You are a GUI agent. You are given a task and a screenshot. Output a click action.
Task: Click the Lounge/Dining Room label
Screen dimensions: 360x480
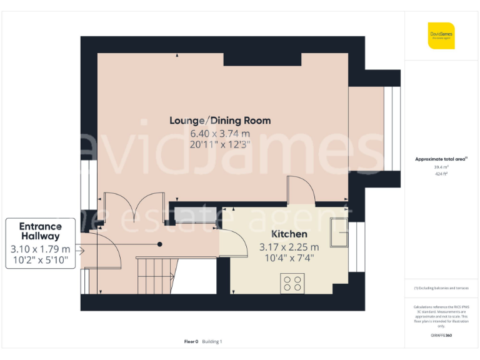(220, 120)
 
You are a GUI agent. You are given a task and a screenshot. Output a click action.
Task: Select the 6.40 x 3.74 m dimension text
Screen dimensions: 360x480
(220, 133)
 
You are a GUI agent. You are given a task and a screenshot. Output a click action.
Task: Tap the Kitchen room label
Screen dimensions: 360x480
(289, 234)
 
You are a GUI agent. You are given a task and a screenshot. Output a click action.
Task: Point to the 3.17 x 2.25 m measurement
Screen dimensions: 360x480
(289, 247)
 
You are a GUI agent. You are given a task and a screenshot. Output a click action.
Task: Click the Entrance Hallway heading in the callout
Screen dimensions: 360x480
(40, 231)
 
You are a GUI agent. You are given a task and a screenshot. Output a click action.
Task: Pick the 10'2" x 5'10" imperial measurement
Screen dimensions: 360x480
(40, 261)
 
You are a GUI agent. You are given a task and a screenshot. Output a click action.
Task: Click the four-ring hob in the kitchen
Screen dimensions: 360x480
(292, 283)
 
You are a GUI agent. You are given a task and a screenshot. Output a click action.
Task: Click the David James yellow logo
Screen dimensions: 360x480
(441, 36)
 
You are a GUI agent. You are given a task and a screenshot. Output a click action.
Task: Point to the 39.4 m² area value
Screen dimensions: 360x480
(441, 167)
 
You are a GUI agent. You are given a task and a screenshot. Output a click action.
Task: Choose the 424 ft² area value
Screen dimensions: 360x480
(441, 174)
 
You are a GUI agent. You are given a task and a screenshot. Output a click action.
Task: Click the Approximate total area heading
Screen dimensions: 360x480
(441, 159)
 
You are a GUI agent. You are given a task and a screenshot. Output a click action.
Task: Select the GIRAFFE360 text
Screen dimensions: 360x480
(441, 336)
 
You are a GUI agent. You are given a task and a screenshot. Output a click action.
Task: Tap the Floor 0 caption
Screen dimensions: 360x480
(191, 341)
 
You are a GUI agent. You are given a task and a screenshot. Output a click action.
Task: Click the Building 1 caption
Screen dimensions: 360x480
(212, 341)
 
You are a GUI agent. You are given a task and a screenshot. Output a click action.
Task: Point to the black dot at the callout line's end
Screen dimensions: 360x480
(160, 244)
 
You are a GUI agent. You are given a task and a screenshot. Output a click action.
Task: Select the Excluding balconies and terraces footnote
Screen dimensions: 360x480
(441, 288)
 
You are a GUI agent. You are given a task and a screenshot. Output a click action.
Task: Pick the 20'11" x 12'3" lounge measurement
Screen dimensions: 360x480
(220, 144)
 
